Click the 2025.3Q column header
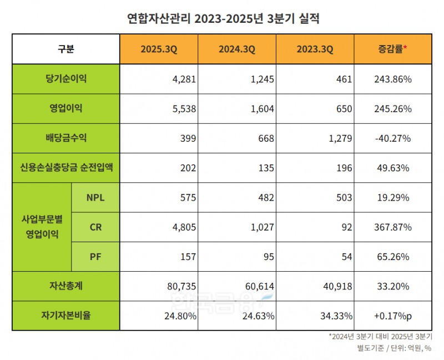pos(160,49)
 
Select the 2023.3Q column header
pos(315,49)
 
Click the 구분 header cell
pos(65,49)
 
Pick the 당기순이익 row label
pos(65,79)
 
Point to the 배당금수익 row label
pos(65,138)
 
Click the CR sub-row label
pos(95,227)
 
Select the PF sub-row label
pos(95,257)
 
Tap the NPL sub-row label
pos(95,197)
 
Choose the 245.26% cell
pos(393,109)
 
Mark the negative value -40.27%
pos(393,138)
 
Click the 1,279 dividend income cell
pos(340,138)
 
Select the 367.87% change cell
pos(393,227)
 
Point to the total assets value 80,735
pos(181,286)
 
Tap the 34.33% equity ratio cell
pos(336,316)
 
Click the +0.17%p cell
pos(393,316)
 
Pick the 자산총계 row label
pos(65,286)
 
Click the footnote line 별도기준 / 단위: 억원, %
pos(395,348)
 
